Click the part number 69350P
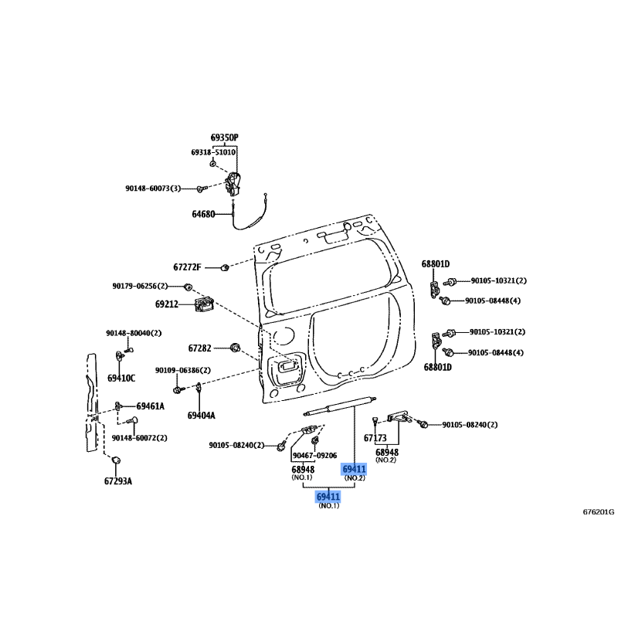click(x=224, y=138)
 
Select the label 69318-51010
click(x=213, y=152)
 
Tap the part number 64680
click(x=203, y=214)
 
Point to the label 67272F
click(x=187, y=267)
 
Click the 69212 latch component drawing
click(x=204, y=304)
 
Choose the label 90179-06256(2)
click(x=140, y=286)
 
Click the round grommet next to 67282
click(x=236, y=348)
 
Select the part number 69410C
click(x=121, y=379)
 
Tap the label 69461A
click(x=150, y=406)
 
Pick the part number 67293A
click(x=118, y=480)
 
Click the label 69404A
click(x=202, y=416)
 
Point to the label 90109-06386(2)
click(x=183, y=371)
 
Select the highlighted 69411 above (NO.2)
click(x=355, y=469)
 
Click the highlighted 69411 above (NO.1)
click(x=328, y=497)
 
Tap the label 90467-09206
click(x=315, y=456)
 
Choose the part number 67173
click(x=375, y=438)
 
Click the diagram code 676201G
click(x=599, y=512)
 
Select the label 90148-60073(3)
click(x=153, y=188)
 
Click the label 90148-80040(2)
click(x=134, y=333)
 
